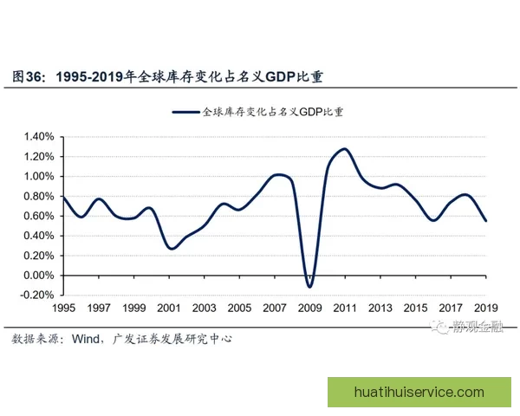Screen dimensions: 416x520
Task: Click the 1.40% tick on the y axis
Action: (38, 137)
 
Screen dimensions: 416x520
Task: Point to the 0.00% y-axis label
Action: (38, 276)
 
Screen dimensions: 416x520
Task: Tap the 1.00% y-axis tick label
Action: (38, 177)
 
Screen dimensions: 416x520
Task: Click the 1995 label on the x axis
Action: (64, 308)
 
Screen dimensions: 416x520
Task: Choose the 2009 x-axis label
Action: (310, 308)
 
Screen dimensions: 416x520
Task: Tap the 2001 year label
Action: (170, 308)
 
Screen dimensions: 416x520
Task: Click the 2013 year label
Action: (380, 308)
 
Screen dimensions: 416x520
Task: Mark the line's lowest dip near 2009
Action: (309, 287)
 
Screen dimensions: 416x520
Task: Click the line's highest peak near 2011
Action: (344, 149)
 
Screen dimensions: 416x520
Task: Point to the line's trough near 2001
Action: (171, 249)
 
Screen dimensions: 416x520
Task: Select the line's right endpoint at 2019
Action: (485, 221)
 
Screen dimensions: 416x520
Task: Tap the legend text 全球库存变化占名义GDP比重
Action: (273, 112)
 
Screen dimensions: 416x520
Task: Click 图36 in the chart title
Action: (27, 76)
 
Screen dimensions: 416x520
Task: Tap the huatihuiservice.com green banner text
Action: (419, 392)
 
